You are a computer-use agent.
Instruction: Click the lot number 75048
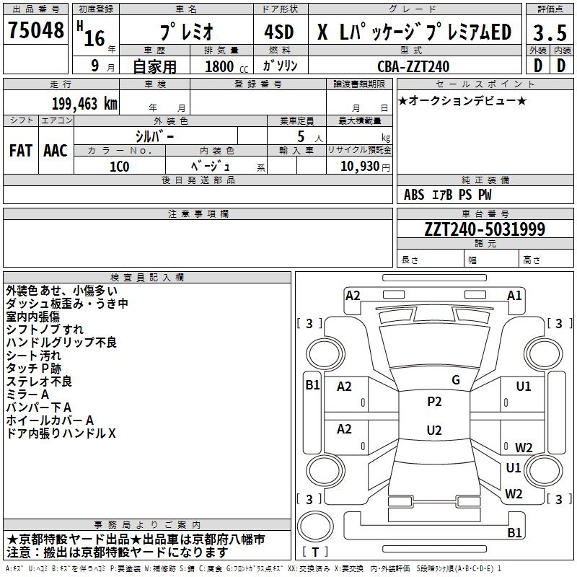(x=35, y=32)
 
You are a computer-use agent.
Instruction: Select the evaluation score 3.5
(x=548, y=32)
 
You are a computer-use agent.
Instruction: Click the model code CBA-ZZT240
(x=413, y=66)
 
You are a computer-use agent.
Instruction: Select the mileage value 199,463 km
(x=84, y=103)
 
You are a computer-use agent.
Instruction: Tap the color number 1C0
(x=119, y=165)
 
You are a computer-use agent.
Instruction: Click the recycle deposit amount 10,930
(x=358, y=166)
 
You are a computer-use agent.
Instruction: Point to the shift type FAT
(x=21, y=151)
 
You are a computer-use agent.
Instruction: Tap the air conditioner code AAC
(x=56, y=151)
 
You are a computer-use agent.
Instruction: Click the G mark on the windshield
(x=456, y=380)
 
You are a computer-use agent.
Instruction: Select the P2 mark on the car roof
(x=434, y=402)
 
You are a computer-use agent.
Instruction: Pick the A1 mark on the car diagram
(x=514, y=296)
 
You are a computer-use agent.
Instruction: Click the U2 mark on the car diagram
(x=434, y=431)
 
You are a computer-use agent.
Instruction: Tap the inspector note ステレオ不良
(x=39, y=382)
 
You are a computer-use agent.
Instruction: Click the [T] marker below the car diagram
(x=315, y=552)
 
